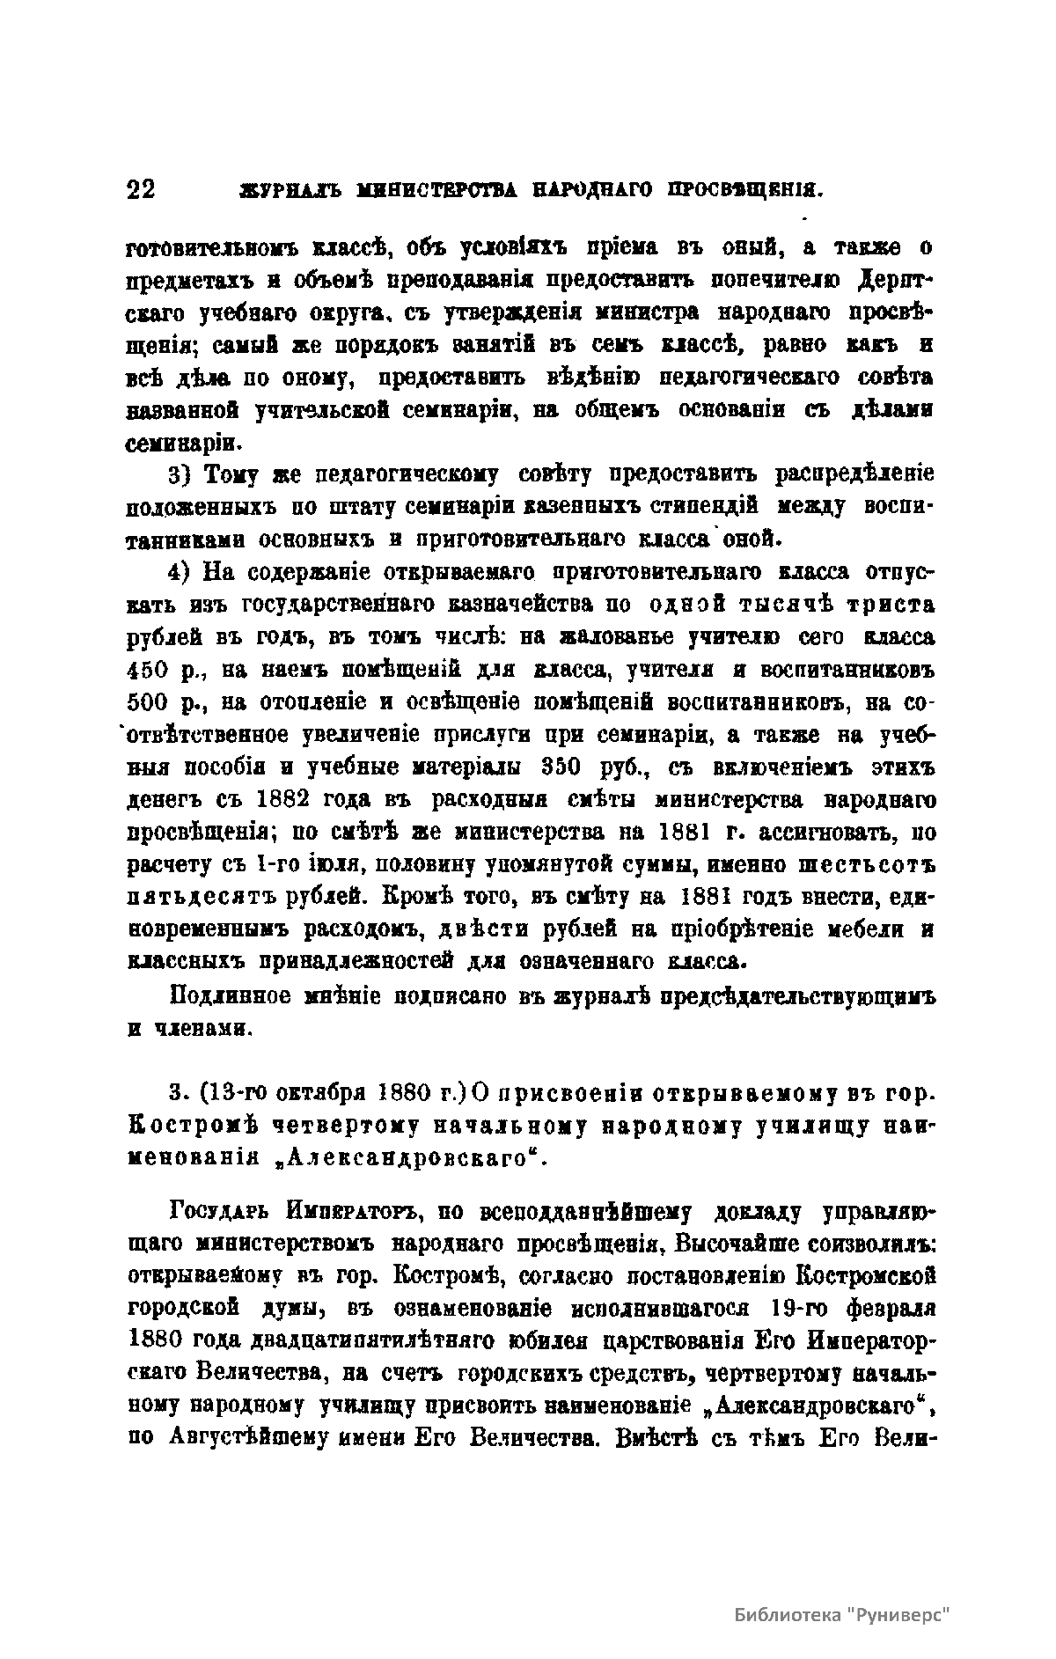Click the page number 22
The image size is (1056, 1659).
pyautogui.click(x=141, y=190)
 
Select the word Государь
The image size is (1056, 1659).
pyautogui.click(x=223, y=1215)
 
